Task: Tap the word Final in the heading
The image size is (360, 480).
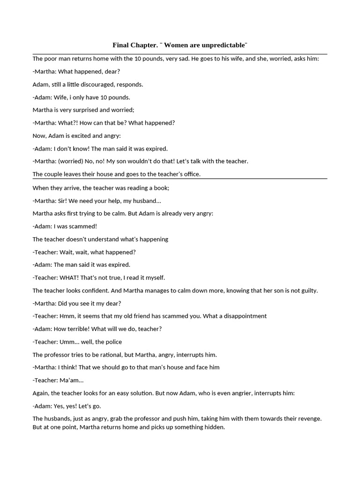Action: point(121,45)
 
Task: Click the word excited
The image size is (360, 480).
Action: point(81,135)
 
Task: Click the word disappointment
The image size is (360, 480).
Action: point(242,316)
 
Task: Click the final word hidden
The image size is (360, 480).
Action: point(215,427)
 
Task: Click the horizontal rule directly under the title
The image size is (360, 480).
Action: point(180,54)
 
